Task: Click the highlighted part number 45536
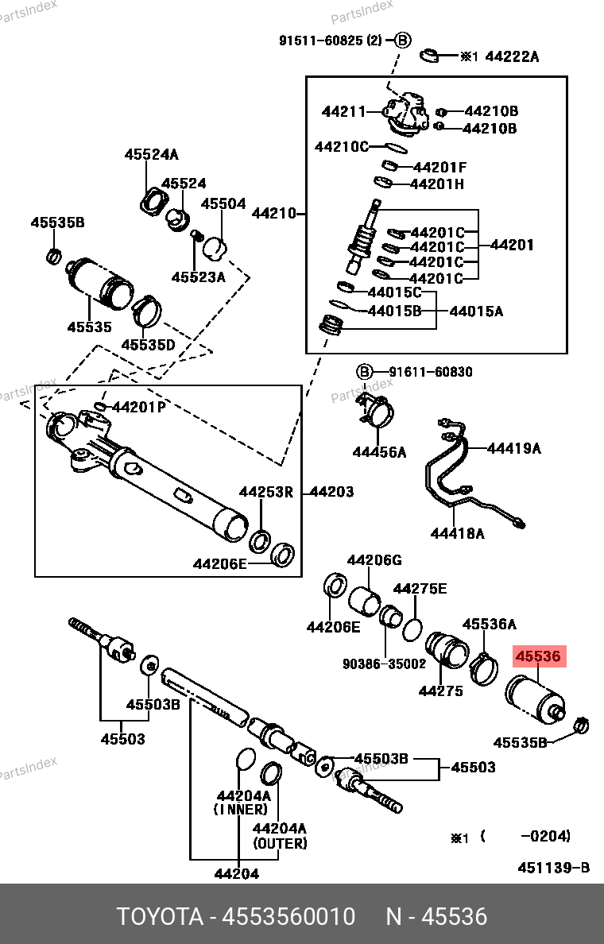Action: click(x=539, y=657)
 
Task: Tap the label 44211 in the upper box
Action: click(x=343, y=112)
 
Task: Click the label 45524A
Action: click(x=151, y=155)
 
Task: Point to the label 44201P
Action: click(x=139, y=408)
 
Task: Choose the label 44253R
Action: click(x=266, y=493)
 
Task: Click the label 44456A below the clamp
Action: click(x=379, y=452)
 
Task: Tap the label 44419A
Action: click(x=513, y=448)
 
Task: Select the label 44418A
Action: click(x=457, y=533)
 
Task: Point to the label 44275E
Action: click(x=420, y=589)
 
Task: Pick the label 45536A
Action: click(x=489, y=625)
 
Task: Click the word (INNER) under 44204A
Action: click(x=241, y=809)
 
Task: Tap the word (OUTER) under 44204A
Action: click(x=280, y=843)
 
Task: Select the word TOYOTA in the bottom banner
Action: click(x=158, y=917)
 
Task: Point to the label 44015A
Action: click(x=476, y=311)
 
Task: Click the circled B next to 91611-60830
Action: click(x=364, y=372)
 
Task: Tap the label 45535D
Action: click(x=148, y=345)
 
